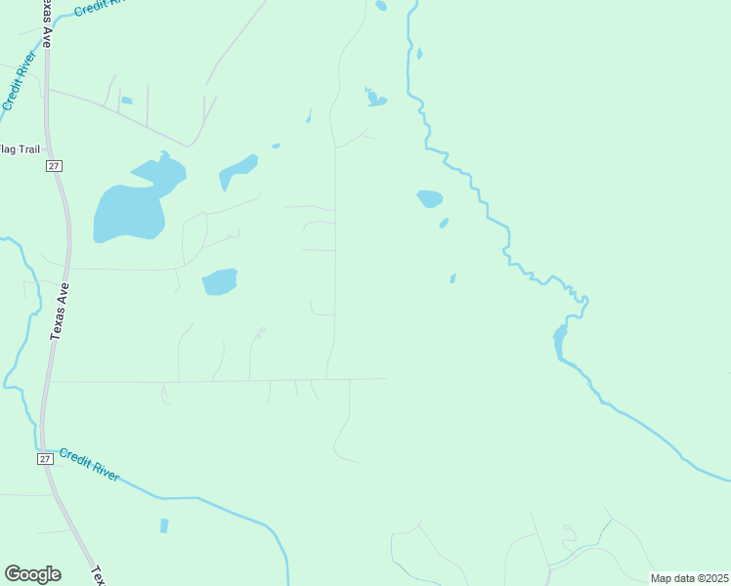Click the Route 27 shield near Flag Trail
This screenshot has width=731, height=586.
54,166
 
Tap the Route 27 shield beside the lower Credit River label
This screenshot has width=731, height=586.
45,458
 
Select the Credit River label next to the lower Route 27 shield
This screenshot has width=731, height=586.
89,464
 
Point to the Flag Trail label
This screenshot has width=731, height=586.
19,148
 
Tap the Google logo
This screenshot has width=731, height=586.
32,574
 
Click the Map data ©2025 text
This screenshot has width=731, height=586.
689,578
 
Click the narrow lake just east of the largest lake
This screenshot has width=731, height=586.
237,172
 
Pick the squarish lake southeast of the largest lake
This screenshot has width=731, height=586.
220,282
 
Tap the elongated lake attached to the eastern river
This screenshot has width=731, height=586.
560,341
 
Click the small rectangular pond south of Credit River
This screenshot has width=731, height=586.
164,525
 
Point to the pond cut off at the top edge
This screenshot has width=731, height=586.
380,5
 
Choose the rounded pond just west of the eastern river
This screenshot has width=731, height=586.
430,199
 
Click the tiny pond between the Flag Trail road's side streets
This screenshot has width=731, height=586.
126,100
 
